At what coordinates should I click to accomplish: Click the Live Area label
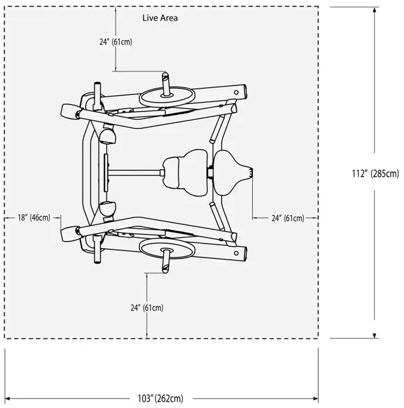coord(160,18)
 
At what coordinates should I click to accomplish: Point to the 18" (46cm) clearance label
coord(34,217)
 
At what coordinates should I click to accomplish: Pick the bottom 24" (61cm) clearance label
coord(146,307)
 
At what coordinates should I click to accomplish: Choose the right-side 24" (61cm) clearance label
coord(287,217)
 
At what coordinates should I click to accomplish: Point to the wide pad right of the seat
coord(232,172)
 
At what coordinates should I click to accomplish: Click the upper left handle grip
coord(68,112)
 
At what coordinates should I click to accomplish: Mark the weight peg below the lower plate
coord(166,261)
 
